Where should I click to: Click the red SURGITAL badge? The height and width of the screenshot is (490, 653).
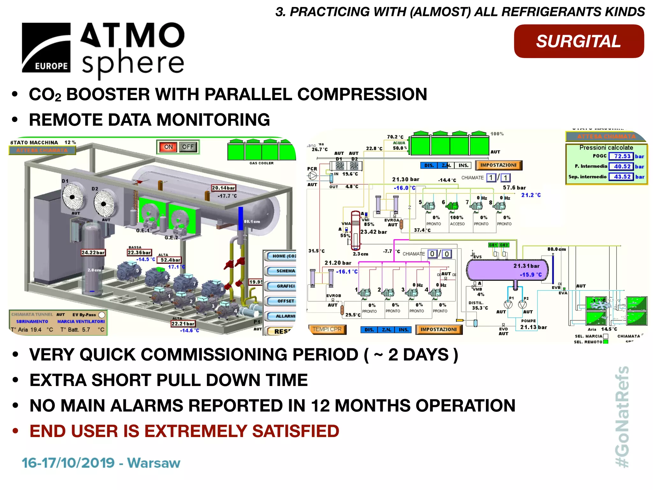(x=579, y=41)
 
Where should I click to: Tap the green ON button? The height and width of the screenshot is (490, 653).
(x=168, y=147)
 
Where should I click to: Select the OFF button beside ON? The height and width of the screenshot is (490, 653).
(x=188, y=147)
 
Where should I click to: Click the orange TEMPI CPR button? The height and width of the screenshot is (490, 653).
(x=327, y=329)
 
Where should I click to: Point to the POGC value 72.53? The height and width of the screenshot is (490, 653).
(x=622, y=156)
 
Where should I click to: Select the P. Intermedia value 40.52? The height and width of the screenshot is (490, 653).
(x=622, y=166)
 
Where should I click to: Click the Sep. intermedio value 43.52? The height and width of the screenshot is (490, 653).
(x=622, y=176)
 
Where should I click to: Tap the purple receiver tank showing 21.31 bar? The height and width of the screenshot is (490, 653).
(x=507, y=270)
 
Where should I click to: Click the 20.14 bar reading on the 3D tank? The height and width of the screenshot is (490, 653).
(x=224, y=188)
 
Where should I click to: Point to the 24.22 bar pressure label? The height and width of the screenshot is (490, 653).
(x=93, y=252)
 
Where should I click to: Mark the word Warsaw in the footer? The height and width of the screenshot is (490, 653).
(x=154, y=463)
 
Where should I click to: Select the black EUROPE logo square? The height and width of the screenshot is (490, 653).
(x=46, y=48)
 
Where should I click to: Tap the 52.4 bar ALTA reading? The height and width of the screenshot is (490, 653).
(x=170, y=260)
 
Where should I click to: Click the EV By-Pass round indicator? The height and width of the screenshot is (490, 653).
(x=102, y=315)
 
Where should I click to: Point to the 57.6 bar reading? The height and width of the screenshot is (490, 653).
(x=514, y=188)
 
